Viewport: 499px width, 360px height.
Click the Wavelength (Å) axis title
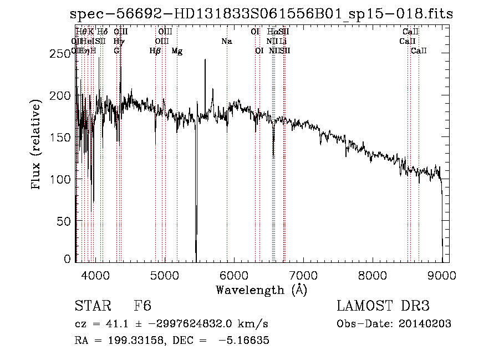261,290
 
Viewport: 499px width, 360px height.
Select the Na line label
226,41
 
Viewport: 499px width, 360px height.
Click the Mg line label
177,51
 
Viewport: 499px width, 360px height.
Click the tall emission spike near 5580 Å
205,61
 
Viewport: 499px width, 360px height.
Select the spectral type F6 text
142,307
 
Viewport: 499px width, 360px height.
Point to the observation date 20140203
425,324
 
